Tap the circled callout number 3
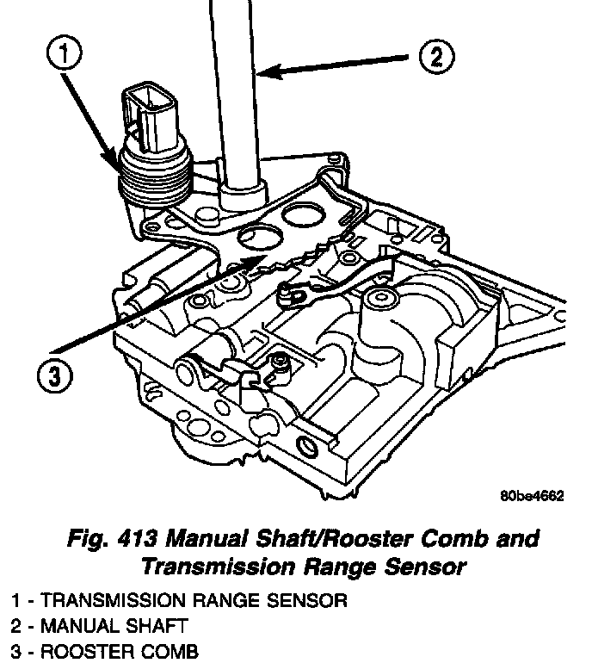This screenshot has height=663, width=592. tap(53, 375)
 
